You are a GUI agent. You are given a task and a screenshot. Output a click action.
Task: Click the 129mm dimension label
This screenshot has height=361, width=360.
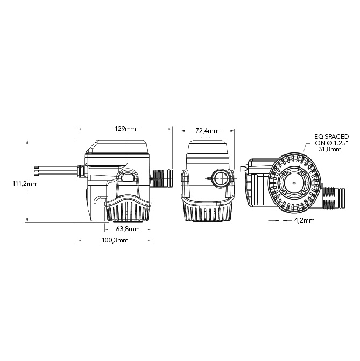pyautogui.click(x=125, y=129)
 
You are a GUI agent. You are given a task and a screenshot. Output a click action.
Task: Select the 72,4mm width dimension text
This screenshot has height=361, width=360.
pyautogui.click(x=207, y=131)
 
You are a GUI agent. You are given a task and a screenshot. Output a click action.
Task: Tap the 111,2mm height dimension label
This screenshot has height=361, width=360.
pyautogui.click(x=25, y=183)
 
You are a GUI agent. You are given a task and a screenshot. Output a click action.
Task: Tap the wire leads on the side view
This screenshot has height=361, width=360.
pyautogui.click(x=54, y=170)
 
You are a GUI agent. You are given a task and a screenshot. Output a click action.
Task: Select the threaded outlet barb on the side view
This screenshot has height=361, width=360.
pyautogui.click(x=160, y=177)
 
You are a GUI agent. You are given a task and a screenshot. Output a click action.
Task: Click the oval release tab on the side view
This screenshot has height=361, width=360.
pyautogui.click(x=129, y=177)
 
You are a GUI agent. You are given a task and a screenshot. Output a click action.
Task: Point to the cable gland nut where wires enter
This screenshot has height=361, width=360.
pyautogui.click(x=83, y=170)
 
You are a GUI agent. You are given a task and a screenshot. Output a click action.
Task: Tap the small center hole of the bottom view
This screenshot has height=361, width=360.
pyautogui.click(x=294, y=182)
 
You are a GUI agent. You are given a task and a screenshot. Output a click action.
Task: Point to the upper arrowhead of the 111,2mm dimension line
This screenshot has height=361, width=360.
pyautogui.click(x=27, y=141)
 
